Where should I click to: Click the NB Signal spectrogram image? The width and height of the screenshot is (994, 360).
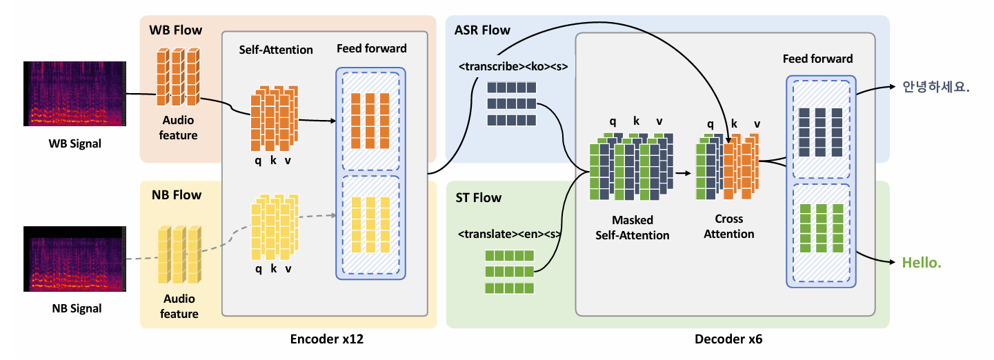click(74, 259)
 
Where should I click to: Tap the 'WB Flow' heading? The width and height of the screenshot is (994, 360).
click(176, 30)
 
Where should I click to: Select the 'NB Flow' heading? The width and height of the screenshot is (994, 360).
click(176, 195)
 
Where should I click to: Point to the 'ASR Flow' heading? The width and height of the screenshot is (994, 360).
click(482, 30)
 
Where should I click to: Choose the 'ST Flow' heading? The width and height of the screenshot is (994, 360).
click(478, 198)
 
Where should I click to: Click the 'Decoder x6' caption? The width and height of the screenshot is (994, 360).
click(728, 339)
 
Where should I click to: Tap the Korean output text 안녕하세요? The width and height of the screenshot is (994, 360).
click(936, 88)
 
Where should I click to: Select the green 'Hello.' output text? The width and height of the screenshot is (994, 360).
click(922, 263)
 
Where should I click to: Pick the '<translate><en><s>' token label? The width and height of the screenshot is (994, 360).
click(510, 234)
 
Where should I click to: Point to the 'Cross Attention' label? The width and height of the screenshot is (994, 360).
click(729, 226)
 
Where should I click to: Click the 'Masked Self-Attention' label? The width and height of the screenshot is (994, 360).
click(633, 228)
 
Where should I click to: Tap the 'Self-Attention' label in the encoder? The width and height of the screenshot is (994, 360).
click(276, 50)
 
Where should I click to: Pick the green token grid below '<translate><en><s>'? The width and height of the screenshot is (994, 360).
click(510, 272)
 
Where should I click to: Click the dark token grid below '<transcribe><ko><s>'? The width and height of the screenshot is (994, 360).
click(511, 104)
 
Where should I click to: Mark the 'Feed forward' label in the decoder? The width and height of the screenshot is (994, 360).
click(817, 59)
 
